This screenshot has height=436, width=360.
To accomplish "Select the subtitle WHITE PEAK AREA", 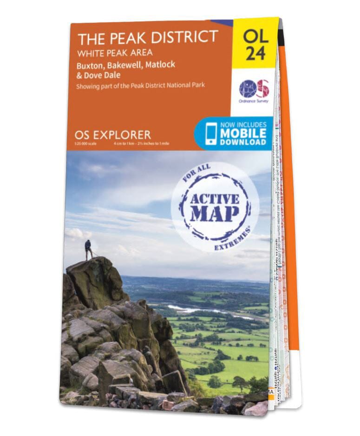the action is pos(115,52).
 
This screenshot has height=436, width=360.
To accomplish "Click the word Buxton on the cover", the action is pos(91,65).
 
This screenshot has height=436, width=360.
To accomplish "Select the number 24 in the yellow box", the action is pos(256,53).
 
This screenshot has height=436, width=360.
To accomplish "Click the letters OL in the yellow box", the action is pos(256,36).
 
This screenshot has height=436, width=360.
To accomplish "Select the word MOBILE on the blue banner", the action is pos(243,133).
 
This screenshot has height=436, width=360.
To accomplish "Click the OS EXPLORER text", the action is pos(112,135).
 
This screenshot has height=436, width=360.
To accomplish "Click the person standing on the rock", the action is pos(88,249).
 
